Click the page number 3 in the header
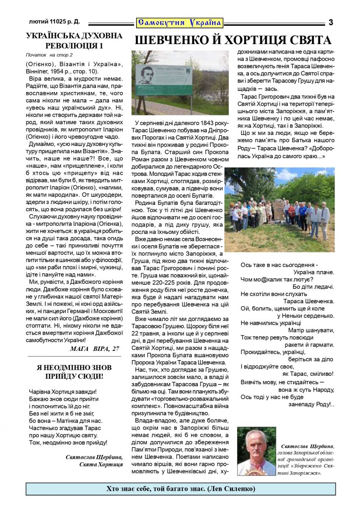331,22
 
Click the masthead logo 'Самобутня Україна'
180,22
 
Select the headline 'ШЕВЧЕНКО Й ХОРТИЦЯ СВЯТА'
233,41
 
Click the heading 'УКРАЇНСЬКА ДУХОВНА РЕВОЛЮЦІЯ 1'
74,41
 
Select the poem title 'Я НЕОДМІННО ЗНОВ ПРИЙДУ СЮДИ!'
74,372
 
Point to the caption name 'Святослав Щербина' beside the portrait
307,446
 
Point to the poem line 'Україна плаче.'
314,272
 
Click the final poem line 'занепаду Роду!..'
313,405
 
